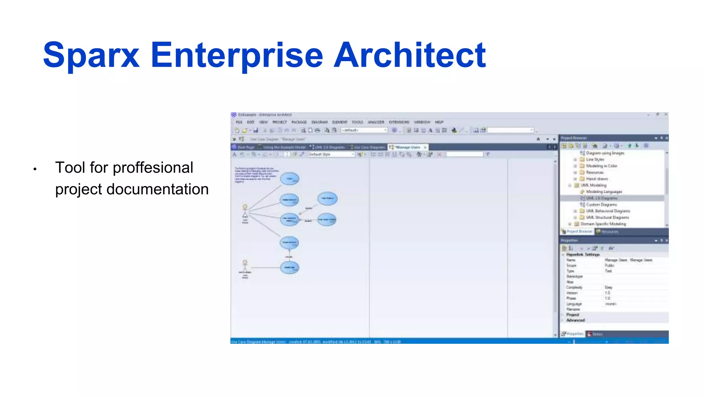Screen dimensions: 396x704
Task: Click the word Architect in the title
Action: click(410, 55)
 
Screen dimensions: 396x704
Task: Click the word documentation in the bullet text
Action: click(157, 189)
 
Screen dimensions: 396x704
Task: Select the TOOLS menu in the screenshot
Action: click(357, 122)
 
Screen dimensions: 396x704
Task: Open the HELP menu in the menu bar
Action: click(439, 122)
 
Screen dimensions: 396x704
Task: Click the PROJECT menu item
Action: click(279, 122)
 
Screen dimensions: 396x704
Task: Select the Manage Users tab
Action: click(408, 147)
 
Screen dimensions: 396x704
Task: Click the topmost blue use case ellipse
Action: click(289, 179)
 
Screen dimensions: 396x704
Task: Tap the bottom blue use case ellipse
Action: click(289, 267)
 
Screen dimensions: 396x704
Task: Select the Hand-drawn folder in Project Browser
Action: click(597, 179)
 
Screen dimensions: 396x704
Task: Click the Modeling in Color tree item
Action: click(601, 166)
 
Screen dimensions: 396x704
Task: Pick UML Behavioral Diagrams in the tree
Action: click(608, 211)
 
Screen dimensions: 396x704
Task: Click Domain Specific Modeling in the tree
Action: click(603, 224)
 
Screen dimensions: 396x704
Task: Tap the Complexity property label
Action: click(574, 287)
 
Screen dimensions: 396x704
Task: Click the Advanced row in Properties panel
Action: click(575, 320)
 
